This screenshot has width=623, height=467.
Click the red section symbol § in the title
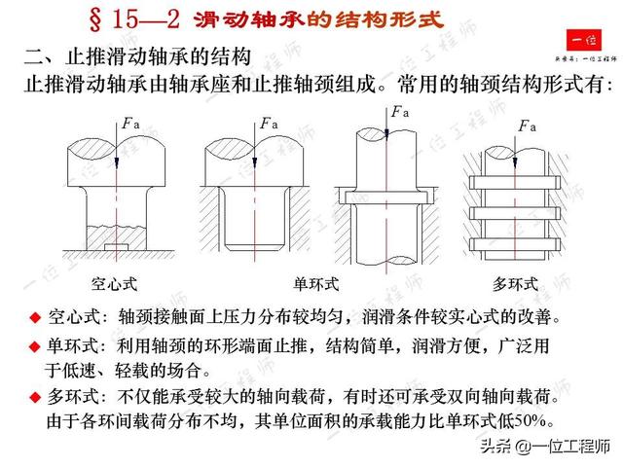[95, 19]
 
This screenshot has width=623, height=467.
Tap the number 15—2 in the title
[146, 19]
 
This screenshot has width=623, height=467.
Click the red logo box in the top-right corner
[584, 40]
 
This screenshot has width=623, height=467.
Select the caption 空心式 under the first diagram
[114, 284]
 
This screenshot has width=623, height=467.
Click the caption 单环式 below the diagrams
[316, 284]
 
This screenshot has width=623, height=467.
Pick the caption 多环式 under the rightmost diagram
[515, 284]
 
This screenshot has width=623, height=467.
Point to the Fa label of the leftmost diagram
[131, 124]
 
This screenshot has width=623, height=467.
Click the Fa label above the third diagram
[400, 112]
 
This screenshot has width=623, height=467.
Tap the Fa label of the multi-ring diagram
[528, 126]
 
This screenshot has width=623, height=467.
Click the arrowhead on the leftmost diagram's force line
[117, 162]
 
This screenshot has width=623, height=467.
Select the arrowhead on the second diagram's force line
[255, 162]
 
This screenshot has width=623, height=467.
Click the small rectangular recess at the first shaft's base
[117, 247]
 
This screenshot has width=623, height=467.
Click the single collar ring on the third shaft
[386, 198]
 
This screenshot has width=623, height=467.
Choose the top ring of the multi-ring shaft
[515, 182]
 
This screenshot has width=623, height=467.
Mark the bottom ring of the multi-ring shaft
[515, 244]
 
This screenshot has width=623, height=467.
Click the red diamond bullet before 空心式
[35, 317]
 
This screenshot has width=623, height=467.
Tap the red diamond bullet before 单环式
[35, 346]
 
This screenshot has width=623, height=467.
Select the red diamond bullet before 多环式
[35, 397]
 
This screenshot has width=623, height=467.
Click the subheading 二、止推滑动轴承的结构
[137, 56]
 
